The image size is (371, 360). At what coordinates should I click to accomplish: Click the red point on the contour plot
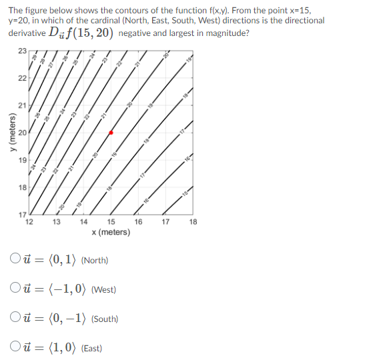tap(111, 133)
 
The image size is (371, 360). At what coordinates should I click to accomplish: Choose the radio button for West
tap(15, 289)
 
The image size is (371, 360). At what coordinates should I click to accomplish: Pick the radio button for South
tap(15, 319)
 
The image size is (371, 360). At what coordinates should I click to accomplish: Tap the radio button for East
tap(15, 348)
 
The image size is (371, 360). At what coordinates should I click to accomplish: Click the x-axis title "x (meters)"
tap(110, 232)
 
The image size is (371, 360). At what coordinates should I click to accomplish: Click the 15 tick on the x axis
tap(111, 222)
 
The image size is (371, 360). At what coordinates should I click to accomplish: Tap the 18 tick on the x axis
tap(193, 222)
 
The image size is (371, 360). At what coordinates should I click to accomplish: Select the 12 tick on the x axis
tap(29, 222)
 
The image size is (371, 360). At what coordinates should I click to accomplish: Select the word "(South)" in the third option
tap(104, 319)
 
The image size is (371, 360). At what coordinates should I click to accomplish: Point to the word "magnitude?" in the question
tap(228, 33)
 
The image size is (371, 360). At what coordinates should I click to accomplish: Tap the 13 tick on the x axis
tap(56, 222)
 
